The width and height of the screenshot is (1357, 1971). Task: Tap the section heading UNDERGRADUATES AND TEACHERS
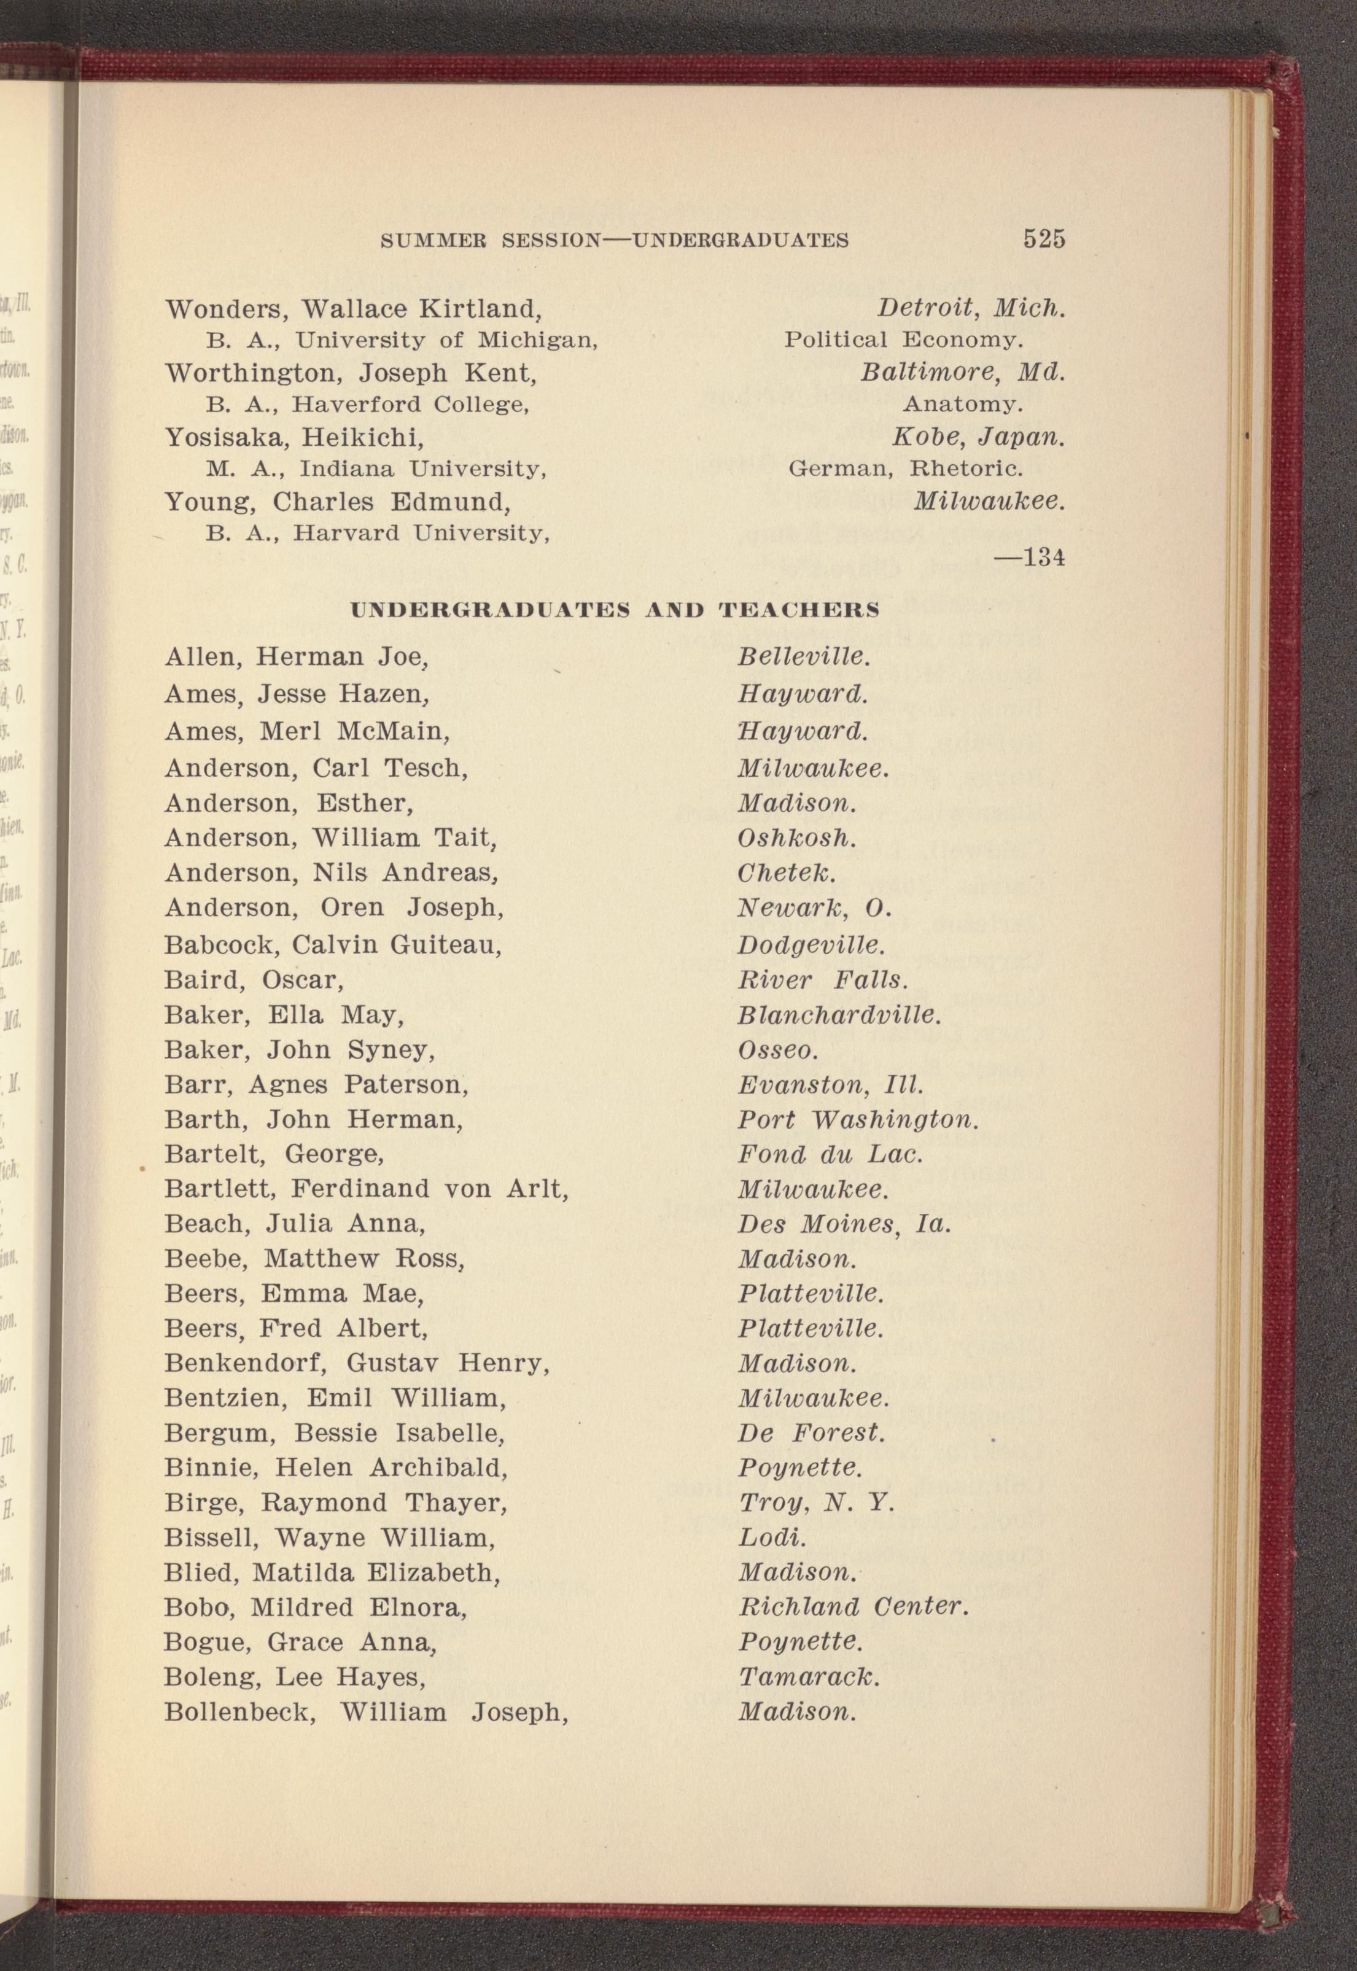pos(615,610)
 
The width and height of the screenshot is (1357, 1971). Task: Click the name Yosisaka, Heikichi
pos(294,438)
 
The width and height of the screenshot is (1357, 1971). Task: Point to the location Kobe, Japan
pos(978,438)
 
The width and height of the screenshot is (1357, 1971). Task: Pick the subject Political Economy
pos(903,340)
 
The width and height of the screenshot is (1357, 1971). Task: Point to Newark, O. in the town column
pos(814,909)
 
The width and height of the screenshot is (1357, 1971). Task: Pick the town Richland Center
pos(853,1607)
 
